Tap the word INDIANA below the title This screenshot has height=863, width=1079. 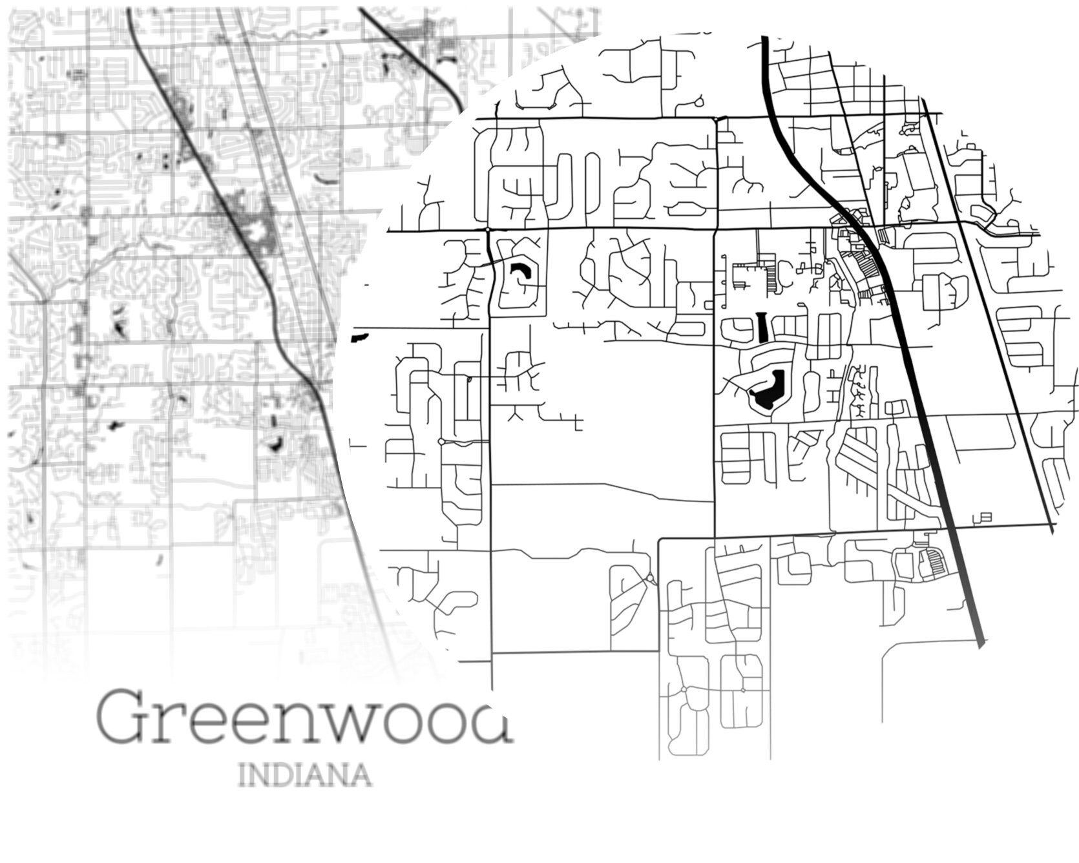pyautogui.click(x=305, y=775)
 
